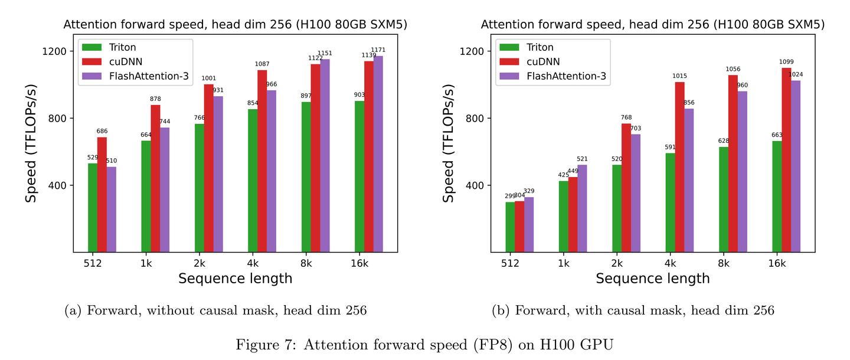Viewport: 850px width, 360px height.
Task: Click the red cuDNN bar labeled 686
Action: (102, 195)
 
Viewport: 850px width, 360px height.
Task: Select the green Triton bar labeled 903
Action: (359, 176)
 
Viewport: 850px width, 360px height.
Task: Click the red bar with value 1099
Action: (786, 160)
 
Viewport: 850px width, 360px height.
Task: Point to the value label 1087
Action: (262, 64)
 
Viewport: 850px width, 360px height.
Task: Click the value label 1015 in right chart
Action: (679, 76)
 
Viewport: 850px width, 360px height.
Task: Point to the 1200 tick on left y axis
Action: (55, 51)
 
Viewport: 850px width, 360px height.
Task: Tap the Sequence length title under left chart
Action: (235, 278)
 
